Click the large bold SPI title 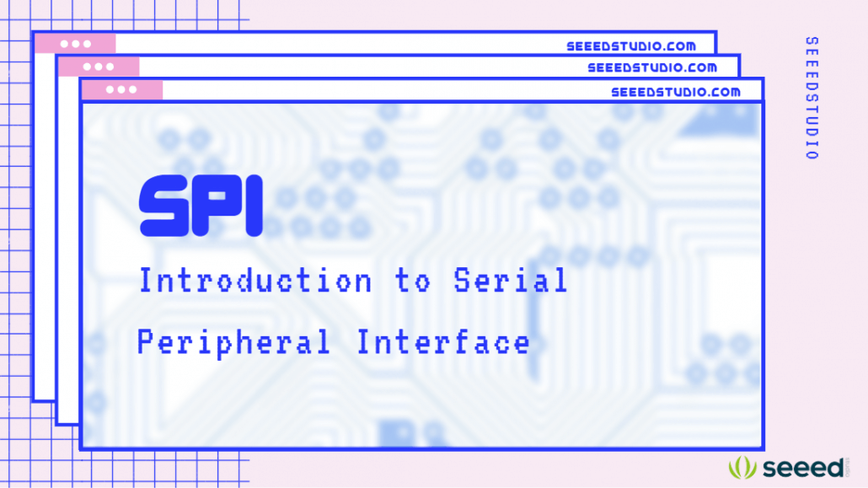201,206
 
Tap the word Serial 511,281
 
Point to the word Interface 443,341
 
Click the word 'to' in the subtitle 413,282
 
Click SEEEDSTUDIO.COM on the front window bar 676,91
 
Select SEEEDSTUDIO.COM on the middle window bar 652,67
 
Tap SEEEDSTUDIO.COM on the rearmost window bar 631,46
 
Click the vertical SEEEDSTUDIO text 811,98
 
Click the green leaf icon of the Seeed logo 743,467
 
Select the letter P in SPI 217,206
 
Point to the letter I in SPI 251,206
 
